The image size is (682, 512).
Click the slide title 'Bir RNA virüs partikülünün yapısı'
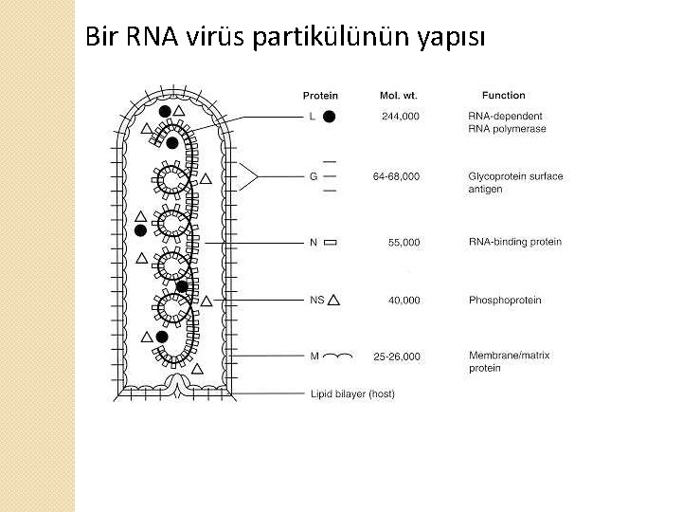click(x=285, y=38)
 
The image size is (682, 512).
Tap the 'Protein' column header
click(x=320, y=95)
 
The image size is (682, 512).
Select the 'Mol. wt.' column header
click(x=399, y=95)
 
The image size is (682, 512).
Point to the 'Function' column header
click(x=503, y=95)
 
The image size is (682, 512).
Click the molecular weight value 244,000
click(x=401, y=117)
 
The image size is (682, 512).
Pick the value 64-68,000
click(x=397, y=176)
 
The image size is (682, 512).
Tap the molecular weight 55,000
click(x=404, y=243)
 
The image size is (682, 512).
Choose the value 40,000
click(x=404, y=301)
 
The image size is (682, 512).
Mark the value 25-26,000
click(x=397, y=357)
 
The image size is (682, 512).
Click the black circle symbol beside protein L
click(x=329, y=118)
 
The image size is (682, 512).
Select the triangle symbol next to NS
click(x=333, y=300)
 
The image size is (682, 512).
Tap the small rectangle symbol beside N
click(x=330, y=243)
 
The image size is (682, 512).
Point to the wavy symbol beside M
click(x=337, y=357)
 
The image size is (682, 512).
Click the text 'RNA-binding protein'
click(x=514, y=242)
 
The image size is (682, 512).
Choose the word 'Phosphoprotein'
click(x=505, y=301)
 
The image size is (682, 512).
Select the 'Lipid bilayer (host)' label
click(x=351, y=394)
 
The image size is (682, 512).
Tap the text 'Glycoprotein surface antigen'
click(x=515, y=183)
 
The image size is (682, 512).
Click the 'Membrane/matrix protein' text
click(x=509, y=361)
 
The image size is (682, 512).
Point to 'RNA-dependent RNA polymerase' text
click(x=507, y=122)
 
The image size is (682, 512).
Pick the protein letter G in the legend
click(x=314, y=176)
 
